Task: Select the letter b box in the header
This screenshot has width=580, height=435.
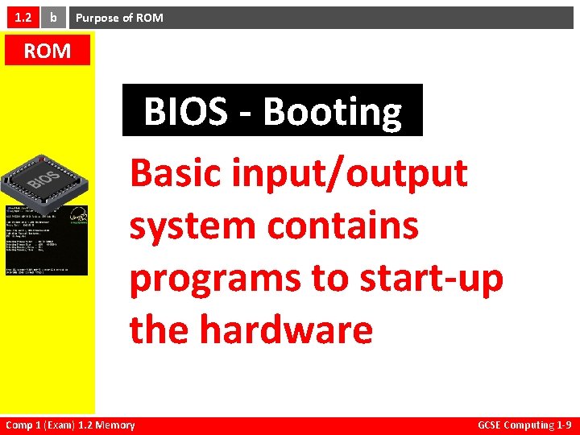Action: [53, 17]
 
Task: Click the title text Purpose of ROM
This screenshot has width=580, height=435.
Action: [119, 18]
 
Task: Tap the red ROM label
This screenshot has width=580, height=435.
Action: [47, 52]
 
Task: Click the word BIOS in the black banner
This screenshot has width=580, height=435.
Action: [185, 112]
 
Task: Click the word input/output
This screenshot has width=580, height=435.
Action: [351, 174]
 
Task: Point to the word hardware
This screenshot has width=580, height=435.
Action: [286, 329]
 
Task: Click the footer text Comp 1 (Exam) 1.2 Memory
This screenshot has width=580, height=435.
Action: [70, 425]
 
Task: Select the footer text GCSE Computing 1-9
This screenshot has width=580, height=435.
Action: [524, 425]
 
